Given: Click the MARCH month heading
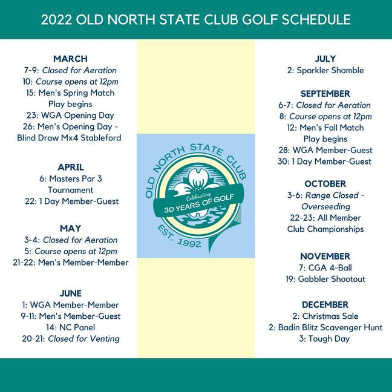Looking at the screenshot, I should pyautogui.click(x=70, y=59).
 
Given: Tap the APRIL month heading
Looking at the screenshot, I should pyautogui.click(x=70, y=167).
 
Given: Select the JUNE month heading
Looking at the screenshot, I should pyautogui.click(x=70, y=293).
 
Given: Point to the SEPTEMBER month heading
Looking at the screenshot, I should pyautogui.click(x=325, y=94).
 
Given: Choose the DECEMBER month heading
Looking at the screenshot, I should pyautogui.click(x=325, y=304).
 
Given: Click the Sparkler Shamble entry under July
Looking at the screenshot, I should pyautogui.click(x=325, y=70).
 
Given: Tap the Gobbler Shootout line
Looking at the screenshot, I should pyautogui.click(x=325, y=279).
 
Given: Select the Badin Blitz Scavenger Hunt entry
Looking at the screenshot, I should pyautogui.click(x=325, y=327).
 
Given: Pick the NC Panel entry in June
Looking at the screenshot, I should pyautogui.click(x=70, y=327).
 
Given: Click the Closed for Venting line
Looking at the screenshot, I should pyautogui.click(x=70, y=339).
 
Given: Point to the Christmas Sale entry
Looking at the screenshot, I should pyautogui.click(x=325, y=316).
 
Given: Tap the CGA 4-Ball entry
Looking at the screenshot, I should pyautogui.click(x=325, y=267).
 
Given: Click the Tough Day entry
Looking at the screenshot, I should pyautogui.click(x=325, y=339).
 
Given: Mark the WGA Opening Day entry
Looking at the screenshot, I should pyautogui.click(x=70, y=115).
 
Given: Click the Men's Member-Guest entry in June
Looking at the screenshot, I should pyautogui.click(x=70, y=316).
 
